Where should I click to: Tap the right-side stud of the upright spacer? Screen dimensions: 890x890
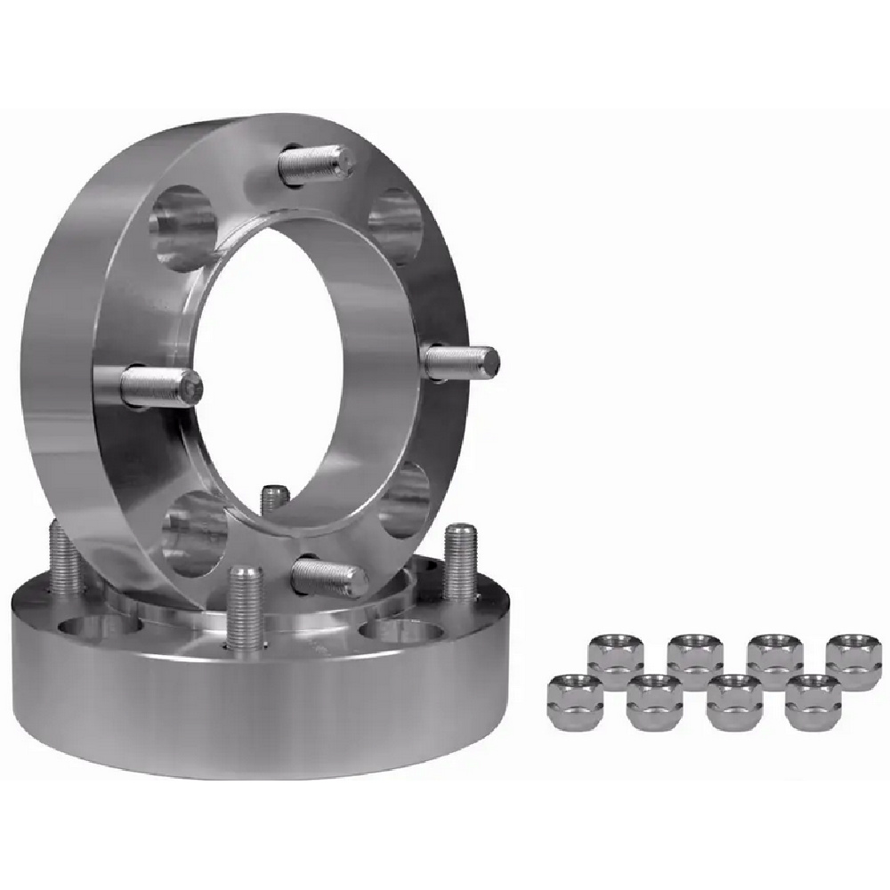461,361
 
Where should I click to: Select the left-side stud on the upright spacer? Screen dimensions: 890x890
160,387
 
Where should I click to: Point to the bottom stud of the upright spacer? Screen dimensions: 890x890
329,578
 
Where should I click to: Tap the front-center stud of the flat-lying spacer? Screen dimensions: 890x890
245,606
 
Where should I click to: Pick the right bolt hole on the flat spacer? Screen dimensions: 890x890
392,630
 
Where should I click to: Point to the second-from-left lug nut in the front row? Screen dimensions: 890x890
654,700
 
